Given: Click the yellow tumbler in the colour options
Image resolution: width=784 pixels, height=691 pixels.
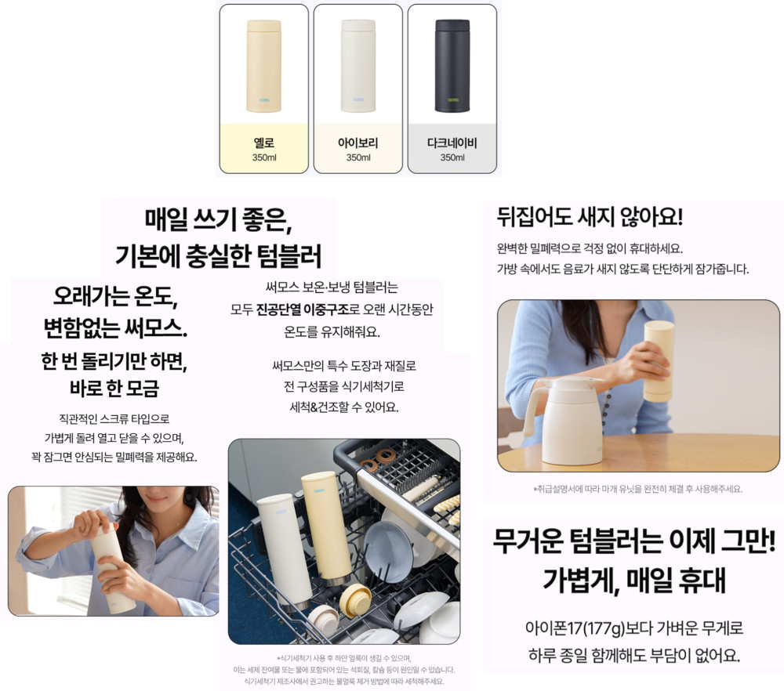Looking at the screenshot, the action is (264, 66).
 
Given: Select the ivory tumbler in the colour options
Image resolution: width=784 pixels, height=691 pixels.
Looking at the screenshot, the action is (358, 66).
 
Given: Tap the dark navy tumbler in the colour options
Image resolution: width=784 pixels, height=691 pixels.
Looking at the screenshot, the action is (452, 66).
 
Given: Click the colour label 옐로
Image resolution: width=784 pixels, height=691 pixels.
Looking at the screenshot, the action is (264, 143).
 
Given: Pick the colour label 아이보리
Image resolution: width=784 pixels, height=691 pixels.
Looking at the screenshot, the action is (358, 143).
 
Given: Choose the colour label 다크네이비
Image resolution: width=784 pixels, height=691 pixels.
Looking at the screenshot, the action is (452, 143).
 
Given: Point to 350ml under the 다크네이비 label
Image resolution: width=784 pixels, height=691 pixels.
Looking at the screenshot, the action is (452, 157).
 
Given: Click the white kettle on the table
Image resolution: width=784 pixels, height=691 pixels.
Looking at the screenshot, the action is (562, 420).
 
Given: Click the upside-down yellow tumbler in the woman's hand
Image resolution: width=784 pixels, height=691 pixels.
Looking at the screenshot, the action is (659, 361).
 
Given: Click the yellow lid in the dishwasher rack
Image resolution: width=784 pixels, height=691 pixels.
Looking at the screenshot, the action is (355, 599).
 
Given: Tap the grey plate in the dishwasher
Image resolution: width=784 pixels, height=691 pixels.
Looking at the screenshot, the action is (388, 551).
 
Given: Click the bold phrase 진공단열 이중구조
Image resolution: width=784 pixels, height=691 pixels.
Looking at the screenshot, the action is (302, 309).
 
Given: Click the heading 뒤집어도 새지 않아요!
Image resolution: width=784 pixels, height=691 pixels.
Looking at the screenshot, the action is (590, 217).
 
